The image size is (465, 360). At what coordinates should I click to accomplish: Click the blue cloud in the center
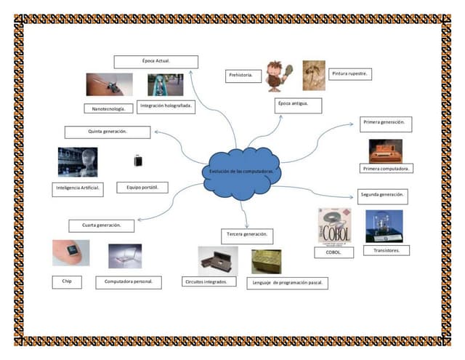pyautogui.click(x=241, y=172)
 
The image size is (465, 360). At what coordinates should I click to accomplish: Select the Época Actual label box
pyautogui.click(x=155, y=62)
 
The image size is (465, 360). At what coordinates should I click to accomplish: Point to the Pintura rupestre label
pyautogui.click(x=351, y=74)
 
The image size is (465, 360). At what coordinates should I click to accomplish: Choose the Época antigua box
pyautogui.click(x=297, y=104)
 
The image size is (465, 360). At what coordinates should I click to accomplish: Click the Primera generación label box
pyautogui.click(x=385, y=123)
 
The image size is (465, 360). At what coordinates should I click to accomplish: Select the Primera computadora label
pyautogui.click(x=387, y=169)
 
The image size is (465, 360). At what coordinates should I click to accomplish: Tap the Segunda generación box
pyautogui.click(x=383, y=196)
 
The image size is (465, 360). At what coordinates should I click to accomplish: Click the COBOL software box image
pyautogui.click(x=333, y=225)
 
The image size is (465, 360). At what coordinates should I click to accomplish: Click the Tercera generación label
pyautogui.click(x=247, y=235)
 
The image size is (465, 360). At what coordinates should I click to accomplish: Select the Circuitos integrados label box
pyautogui.click(x=209, y=281)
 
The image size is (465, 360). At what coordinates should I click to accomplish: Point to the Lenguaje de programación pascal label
pyautogui.click(x=288, y=282)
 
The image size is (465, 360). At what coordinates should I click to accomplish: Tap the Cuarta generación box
pyautogui.click(x=102, y=225)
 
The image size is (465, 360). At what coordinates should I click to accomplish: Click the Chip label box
pyautogui.click(x=66, y=281)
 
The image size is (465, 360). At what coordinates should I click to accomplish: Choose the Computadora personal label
pyautogui.click(x=129, y=281)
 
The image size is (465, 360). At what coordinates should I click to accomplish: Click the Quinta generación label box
pyautogui.click(x=108, y=132)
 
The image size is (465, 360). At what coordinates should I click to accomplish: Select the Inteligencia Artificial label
pyautogui.click(x=78, y=188)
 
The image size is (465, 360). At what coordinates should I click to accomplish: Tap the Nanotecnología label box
pyautogui.click(x=109, y=108)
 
